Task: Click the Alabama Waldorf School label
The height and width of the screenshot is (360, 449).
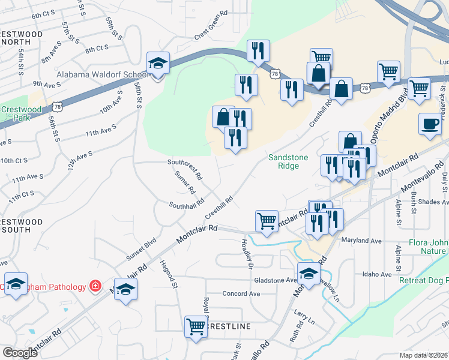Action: [x=103, y=75]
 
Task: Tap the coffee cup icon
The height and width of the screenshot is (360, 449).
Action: [x=429, y=124]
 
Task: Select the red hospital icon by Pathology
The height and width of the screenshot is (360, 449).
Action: [x=95, y=287]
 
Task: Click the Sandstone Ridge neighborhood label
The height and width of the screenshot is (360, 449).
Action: [x=288, y=161]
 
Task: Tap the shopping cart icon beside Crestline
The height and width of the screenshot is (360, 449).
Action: [x=196, y=327]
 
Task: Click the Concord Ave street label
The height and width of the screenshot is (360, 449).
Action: [x=241, y=294]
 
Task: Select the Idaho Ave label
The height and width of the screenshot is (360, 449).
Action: [x=377, y=274]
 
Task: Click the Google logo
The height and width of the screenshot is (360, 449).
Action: [x=20, y=352]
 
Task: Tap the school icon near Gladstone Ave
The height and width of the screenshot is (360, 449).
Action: [x=309, y=274]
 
